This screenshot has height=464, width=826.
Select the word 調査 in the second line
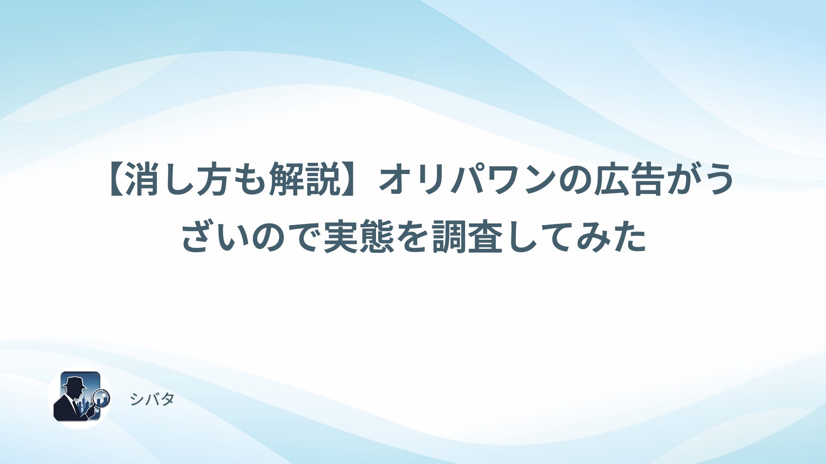click(x=467, y=237)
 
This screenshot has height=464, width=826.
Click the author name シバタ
click(x=152, y=400)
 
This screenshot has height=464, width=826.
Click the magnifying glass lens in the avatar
click(x=102, y=398)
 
